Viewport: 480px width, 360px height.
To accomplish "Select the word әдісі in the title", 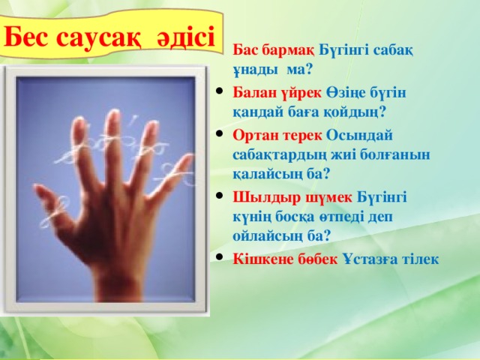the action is pyautogui.click(x=186, y=37).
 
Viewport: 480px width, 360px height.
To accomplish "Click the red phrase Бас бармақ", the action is pyautogui.click(x=273, y=50).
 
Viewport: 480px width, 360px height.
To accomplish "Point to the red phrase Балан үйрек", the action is pyautogui.click(x=277, y=92).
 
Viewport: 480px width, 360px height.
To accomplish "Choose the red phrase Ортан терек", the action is pyautogui.click(x=277, y=135).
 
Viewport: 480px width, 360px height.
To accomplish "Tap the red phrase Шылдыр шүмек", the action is pyautogui.click(x=292, y=197).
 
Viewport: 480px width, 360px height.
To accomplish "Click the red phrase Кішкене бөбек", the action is pyautogui.click(x=285, y=259).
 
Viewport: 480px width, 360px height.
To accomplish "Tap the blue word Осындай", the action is pyautogui.click(x=359, y=135).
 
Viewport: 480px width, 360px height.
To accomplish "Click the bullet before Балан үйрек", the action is pyautogui.click(x=219, y=91).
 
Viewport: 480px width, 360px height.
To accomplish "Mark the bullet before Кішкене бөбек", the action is pyautogui.click(x=219, y=257).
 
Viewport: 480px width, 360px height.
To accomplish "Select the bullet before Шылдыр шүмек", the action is pyautogui.click(x=219, y=196).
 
